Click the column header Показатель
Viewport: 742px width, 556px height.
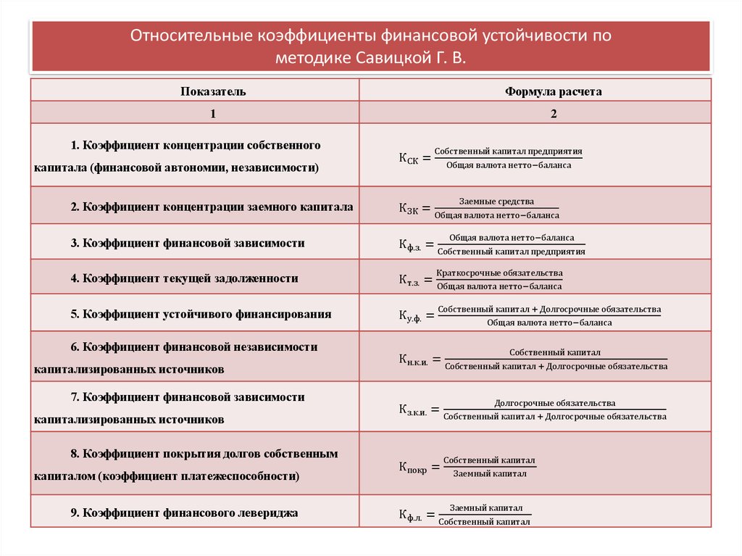tap(213, 91)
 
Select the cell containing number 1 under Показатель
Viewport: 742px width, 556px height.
tap(213, 114)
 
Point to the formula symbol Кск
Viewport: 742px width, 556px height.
tap(408, 158)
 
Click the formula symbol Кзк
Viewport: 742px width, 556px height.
tap(408, 208)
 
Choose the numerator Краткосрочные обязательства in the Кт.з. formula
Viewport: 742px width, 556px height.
tap(499, 273)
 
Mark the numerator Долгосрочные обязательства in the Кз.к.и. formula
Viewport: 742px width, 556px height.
tap(555, 402)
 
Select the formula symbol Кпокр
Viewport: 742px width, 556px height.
tap(412, 467)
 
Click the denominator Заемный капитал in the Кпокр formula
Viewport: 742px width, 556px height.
tap(489, 473)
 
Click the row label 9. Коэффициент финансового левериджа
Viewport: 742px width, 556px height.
tap(184, 513)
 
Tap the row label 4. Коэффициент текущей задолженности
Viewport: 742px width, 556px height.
tap(184, 278)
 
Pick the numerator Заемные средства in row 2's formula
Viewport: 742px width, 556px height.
tap(496, 202)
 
